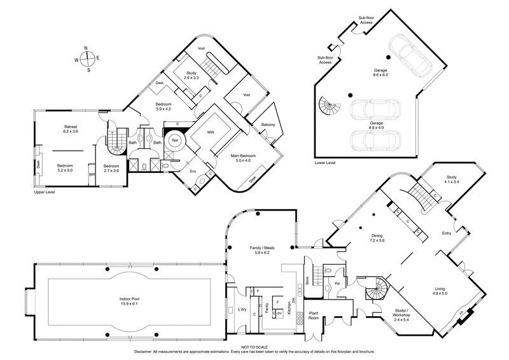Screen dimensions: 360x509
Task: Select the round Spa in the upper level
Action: [x=174, y=140]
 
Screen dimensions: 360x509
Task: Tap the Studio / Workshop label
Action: [x=391, y=315]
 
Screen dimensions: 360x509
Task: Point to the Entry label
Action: [x=446, y=233]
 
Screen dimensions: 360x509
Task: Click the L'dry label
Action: [x=242, y=309]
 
